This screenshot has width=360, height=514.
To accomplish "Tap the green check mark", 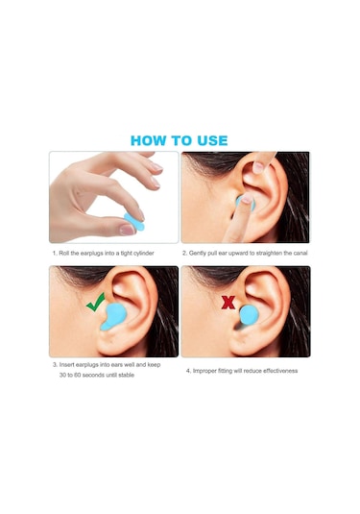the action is tap(96, 302).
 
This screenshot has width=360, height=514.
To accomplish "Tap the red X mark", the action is tap(228, 303).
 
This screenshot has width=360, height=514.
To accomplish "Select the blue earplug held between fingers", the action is tap(134, 222).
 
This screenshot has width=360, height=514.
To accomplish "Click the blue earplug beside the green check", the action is tap(111, 316).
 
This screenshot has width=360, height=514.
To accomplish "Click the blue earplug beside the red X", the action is tap(249, 315).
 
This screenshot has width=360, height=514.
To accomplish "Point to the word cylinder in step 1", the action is tap(143, 253).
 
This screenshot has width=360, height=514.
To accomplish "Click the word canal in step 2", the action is tap(300, 253).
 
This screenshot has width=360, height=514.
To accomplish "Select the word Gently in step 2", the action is tap(198, 253).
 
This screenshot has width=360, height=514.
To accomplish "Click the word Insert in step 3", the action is tap(67, 364).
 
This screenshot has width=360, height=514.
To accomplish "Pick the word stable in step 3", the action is tap(126, 375).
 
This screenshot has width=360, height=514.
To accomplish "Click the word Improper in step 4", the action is tap(204, 371).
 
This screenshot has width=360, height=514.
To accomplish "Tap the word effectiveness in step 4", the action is tap(280, 371).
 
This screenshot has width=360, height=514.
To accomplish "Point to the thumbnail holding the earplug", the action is tap(128, 230).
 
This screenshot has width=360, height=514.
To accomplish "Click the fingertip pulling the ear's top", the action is tap(259, 167).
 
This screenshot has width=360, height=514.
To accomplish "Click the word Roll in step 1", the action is tap(64, 253).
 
